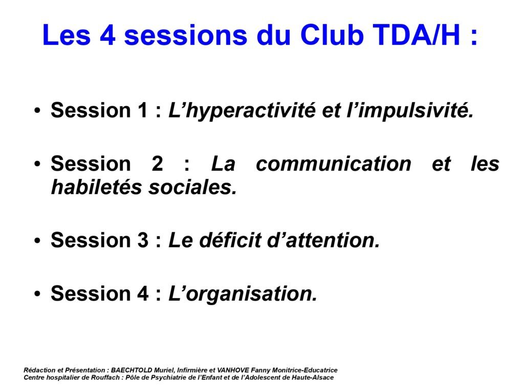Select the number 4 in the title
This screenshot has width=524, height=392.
coord(107,35)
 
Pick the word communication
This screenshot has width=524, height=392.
coord(334,164)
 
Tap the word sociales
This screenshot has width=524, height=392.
coord(192,187)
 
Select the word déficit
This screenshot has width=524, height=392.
coord(230,240)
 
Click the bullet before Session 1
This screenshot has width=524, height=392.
coord(37,111)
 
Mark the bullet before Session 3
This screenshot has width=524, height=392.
coord(37,241)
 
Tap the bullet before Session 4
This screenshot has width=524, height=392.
coord(37,294)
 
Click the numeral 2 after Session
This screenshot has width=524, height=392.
coord(157,164)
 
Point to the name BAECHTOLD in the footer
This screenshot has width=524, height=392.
coord(132,370)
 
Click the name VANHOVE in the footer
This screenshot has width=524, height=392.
coord(233,370)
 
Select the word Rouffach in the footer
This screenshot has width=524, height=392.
coord(108,378)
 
